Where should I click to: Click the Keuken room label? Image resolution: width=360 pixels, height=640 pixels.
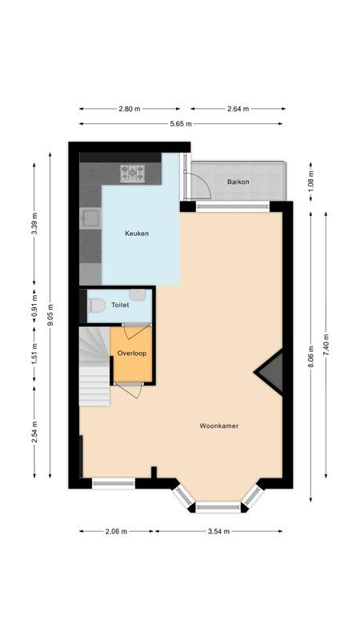pos(137,234)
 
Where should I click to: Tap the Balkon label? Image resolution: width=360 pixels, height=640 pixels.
pos(238,182)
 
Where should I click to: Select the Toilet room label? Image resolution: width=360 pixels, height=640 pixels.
pos(120,305)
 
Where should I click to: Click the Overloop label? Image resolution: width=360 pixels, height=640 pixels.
pos(130,353)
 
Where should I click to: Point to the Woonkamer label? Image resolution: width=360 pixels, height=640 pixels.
pos(219,426)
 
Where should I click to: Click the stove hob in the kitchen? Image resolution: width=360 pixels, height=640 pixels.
pos(132,172)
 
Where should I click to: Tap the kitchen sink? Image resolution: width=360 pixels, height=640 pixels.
pos(89,218)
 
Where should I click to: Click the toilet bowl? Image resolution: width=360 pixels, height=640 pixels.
pos(97,305)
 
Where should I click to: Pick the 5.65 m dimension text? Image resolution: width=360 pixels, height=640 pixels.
pos(181,124)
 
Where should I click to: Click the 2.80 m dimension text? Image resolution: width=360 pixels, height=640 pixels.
pos(129,108)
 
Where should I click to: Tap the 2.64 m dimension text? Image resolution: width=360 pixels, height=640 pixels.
pos(238,108)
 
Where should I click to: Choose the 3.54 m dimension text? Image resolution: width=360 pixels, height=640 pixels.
pos(218,530)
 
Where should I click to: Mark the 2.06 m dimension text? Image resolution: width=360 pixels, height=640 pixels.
pos(117,530)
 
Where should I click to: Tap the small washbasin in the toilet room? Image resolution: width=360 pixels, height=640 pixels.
pos(138,294)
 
